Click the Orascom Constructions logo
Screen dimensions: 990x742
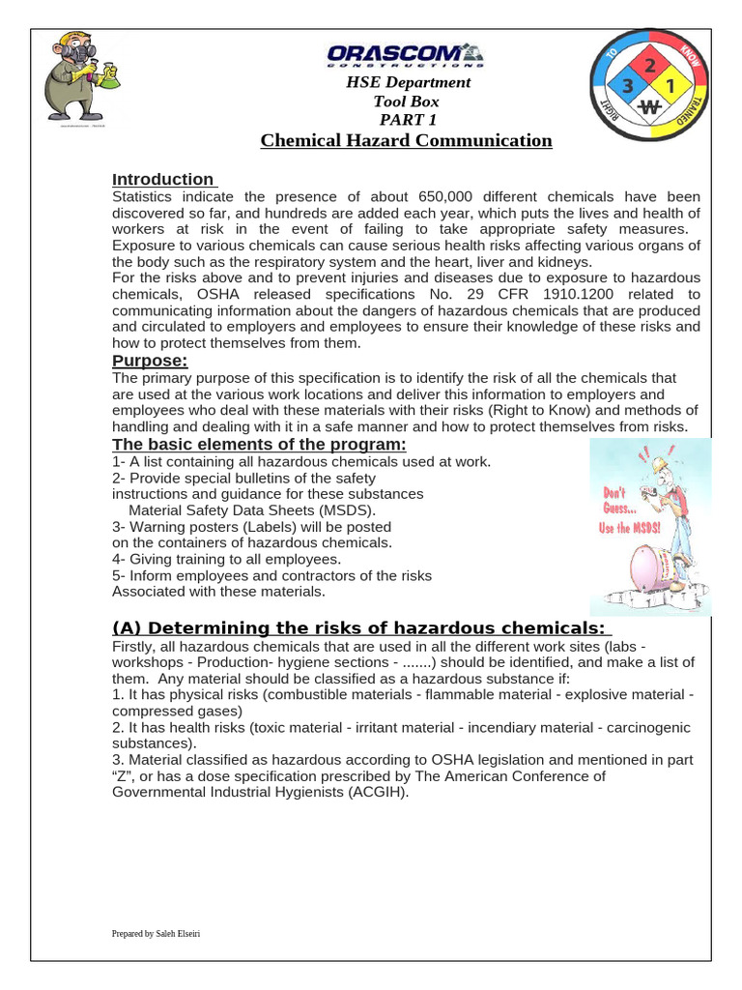click(406, 55)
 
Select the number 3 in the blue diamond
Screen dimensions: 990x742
click(628, 87)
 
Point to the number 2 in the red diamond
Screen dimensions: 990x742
click(649, 66)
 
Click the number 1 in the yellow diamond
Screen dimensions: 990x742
click(671, 87)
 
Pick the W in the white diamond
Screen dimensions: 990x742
click(649, 108)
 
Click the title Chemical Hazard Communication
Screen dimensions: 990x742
click(406, 141)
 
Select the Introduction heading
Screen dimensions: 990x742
click(163, 179)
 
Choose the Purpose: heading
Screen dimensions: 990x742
click(150, 361)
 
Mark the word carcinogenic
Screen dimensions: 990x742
click(649, 727)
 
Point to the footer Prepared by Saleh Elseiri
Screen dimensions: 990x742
click(157, 934)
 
